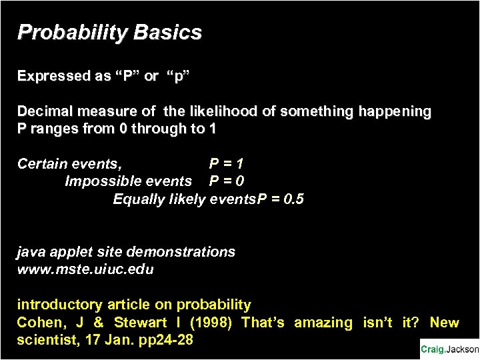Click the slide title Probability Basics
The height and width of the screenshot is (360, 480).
[109, 33]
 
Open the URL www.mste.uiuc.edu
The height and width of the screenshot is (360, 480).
[85, 269]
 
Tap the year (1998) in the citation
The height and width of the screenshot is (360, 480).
[211, 323]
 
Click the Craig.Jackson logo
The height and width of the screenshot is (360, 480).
[449, 349]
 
